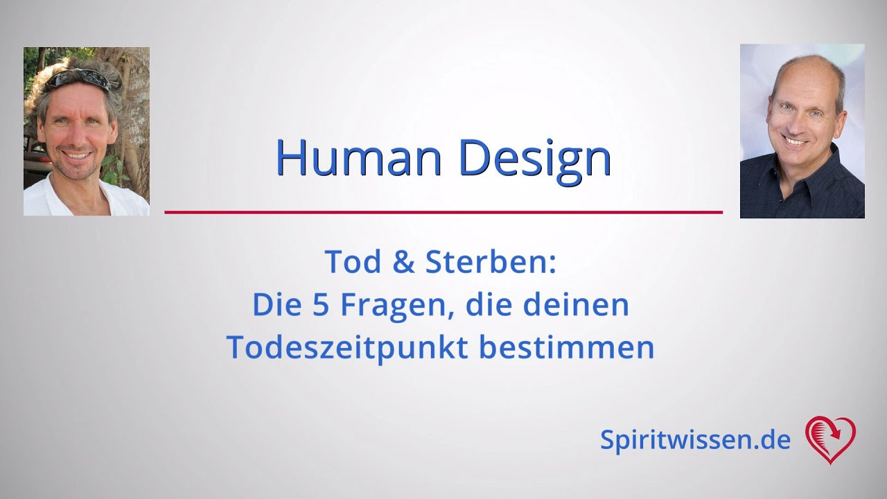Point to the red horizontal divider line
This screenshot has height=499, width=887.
443,212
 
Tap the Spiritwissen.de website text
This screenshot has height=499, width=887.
695,440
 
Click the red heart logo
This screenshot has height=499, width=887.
830,439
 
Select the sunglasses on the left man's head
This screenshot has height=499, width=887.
78,78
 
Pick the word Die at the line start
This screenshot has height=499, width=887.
272,305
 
